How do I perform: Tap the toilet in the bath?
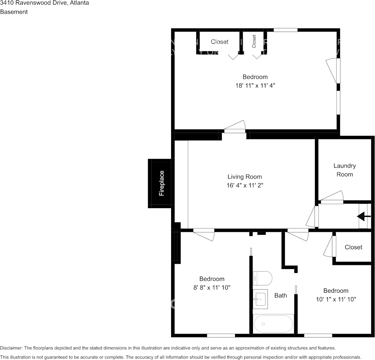coord(262,278)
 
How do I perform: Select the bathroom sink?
coord(260,299)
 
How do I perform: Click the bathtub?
coord(273,324)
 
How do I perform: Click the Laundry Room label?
coord(345,170)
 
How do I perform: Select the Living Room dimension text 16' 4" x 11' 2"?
coord(245,185)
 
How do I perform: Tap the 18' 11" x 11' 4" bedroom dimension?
coord(255,86)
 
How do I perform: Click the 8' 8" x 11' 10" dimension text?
coord(212,287)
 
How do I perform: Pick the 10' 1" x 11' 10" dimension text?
coord(336,299)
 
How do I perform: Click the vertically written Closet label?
coord(254,41)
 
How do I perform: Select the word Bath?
coord(281,295)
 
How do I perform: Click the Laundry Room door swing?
coord(332,197)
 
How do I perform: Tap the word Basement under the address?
coord(14,12)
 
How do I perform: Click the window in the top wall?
coord(286,30)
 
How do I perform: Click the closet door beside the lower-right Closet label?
coord(330,246)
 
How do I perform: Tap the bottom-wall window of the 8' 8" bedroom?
coord(221,336)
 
